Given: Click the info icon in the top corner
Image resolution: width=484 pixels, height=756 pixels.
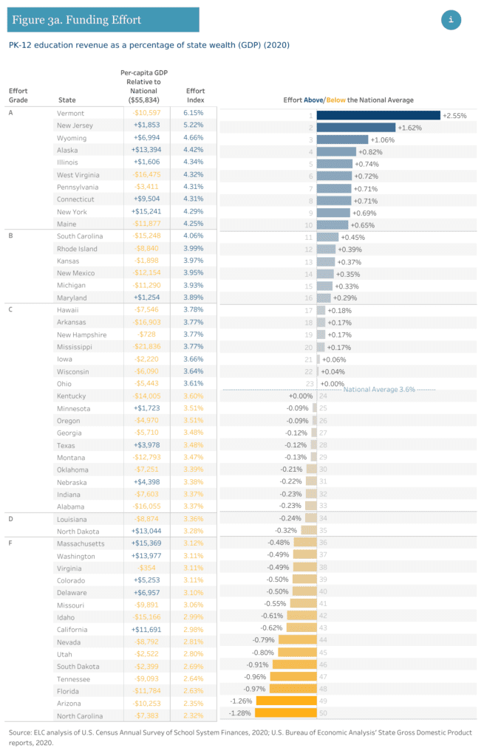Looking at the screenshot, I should tap(451, 20).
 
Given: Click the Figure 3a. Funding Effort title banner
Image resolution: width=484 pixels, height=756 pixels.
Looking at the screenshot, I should tap(103, 20).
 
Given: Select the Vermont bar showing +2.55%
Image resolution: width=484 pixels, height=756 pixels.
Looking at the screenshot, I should tap(378, 115).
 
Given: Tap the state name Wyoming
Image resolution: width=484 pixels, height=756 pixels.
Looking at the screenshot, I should tap(72, 138).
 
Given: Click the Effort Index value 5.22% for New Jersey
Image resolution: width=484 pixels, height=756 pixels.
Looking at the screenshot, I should tap(192, 126).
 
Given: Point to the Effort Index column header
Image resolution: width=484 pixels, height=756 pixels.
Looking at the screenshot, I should tap(195, 94).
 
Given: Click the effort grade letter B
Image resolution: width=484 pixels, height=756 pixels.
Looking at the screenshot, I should tap(11, 236).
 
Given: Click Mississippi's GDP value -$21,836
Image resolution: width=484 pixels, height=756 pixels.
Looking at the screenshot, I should tap(145, 346).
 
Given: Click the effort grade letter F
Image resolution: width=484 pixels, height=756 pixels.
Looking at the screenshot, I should tap(10, 543).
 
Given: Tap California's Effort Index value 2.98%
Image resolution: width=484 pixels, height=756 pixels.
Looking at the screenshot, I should tap(192, 629).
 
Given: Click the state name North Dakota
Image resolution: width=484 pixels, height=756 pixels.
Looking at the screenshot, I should tap(79, 531).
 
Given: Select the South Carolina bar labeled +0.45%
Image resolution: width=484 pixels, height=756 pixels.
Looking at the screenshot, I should tap(327, 237).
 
